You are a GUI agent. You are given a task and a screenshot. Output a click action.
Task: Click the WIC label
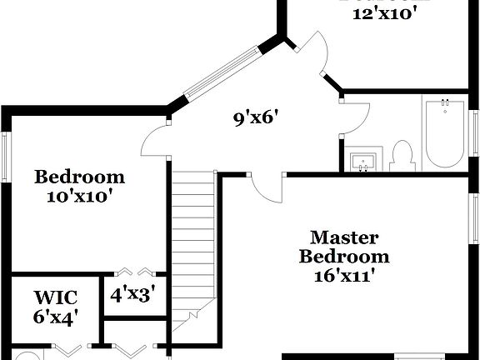[x=56, y=297]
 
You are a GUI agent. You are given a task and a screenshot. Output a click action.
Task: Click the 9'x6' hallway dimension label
[x=254, y=117]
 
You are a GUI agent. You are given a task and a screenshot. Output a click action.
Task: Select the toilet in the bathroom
[x=402, y=156]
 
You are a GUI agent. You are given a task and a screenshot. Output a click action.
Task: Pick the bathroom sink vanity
[x=364, y=160]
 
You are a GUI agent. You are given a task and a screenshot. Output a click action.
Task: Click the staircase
[x=193, y=242]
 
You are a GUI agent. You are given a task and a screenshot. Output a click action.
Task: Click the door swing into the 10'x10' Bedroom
[x=155, y=142]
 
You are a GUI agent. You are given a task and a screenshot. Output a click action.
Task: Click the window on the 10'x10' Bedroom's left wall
[x=6, y=156]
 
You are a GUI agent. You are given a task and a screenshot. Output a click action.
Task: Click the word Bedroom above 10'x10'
[x=79, y=177]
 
